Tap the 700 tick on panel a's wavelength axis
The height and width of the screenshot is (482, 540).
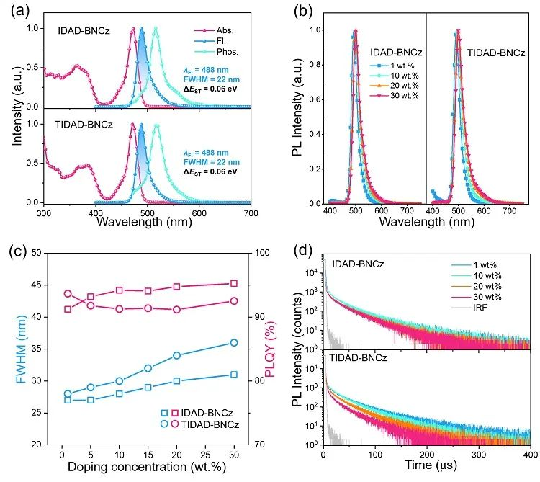[x=250, y=214]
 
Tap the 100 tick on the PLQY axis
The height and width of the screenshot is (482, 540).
[x=243, y=253]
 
